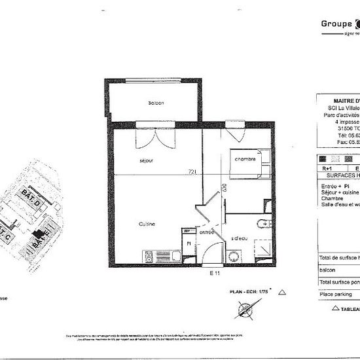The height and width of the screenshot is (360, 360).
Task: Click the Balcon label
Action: point(156,103)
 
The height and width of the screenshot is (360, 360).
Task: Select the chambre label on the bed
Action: point(245,159)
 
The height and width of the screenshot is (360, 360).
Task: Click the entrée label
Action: point(207,232)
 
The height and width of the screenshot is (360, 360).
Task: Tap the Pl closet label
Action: point(188,243)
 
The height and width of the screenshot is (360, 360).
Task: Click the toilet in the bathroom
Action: point(263,223)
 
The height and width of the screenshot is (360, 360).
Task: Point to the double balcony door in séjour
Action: point(146,137)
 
